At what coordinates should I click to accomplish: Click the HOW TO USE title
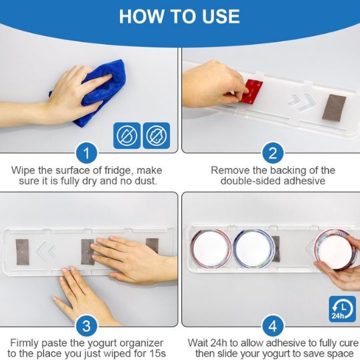(179, 16)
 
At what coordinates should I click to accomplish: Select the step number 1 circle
(87, 153)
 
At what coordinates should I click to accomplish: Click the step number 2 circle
(273, 153)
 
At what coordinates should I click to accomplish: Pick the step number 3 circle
(87, 326)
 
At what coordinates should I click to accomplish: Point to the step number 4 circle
(273, 326)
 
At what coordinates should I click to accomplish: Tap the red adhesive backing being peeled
(253, 91)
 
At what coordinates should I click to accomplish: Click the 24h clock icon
(342, 309)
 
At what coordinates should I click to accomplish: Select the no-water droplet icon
(127, 136)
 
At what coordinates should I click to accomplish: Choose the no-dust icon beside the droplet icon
(157, 136)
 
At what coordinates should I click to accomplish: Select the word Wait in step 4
(198, 343)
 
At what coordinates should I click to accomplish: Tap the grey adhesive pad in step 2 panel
(334, 107)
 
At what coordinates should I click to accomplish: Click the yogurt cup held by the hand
(334, 249)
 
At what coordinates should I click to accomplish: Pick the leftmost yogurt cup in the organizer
(211, 249)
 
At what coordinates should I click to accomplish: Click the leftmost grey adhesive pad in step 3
(23, 252)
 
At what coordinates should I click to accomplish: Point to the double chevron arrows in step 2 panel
(301, 101)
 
